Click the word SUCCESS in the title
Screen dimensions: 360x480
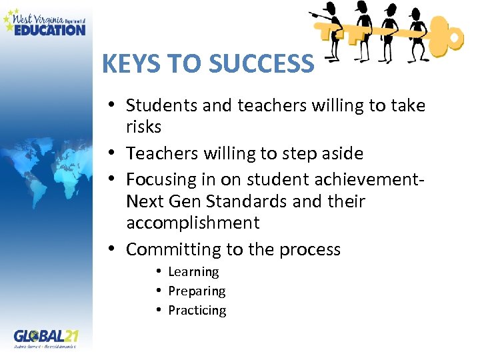pyautogui.click(x=260, y=63)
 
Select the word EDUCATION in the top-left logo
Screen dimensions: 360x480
pyautogui.click(x=50, y=29)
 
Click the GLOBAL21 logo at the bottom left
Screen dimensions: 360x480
pyautogui.click(x=46, y=335)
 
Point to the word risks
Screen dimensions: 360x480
pyautogui.click(x=144, y=127)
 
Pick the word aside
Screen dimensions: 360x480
pyautogui.click(x=341, y=153)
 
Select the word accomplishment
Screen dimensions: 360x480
pyautogui.click(x=193, y=222)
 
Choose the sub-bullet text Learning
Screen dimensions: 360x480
pyautogui.click(x=193, y=271)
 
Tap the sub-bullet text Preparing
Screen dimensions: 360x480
pyautogui.click(x=197, y=291)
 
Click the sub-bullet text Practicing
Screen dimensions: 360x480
pyautogui.click(x=197, y=310)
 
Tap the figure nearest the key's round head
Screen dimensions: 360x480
pyautogui.click(x=417, y=27)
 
